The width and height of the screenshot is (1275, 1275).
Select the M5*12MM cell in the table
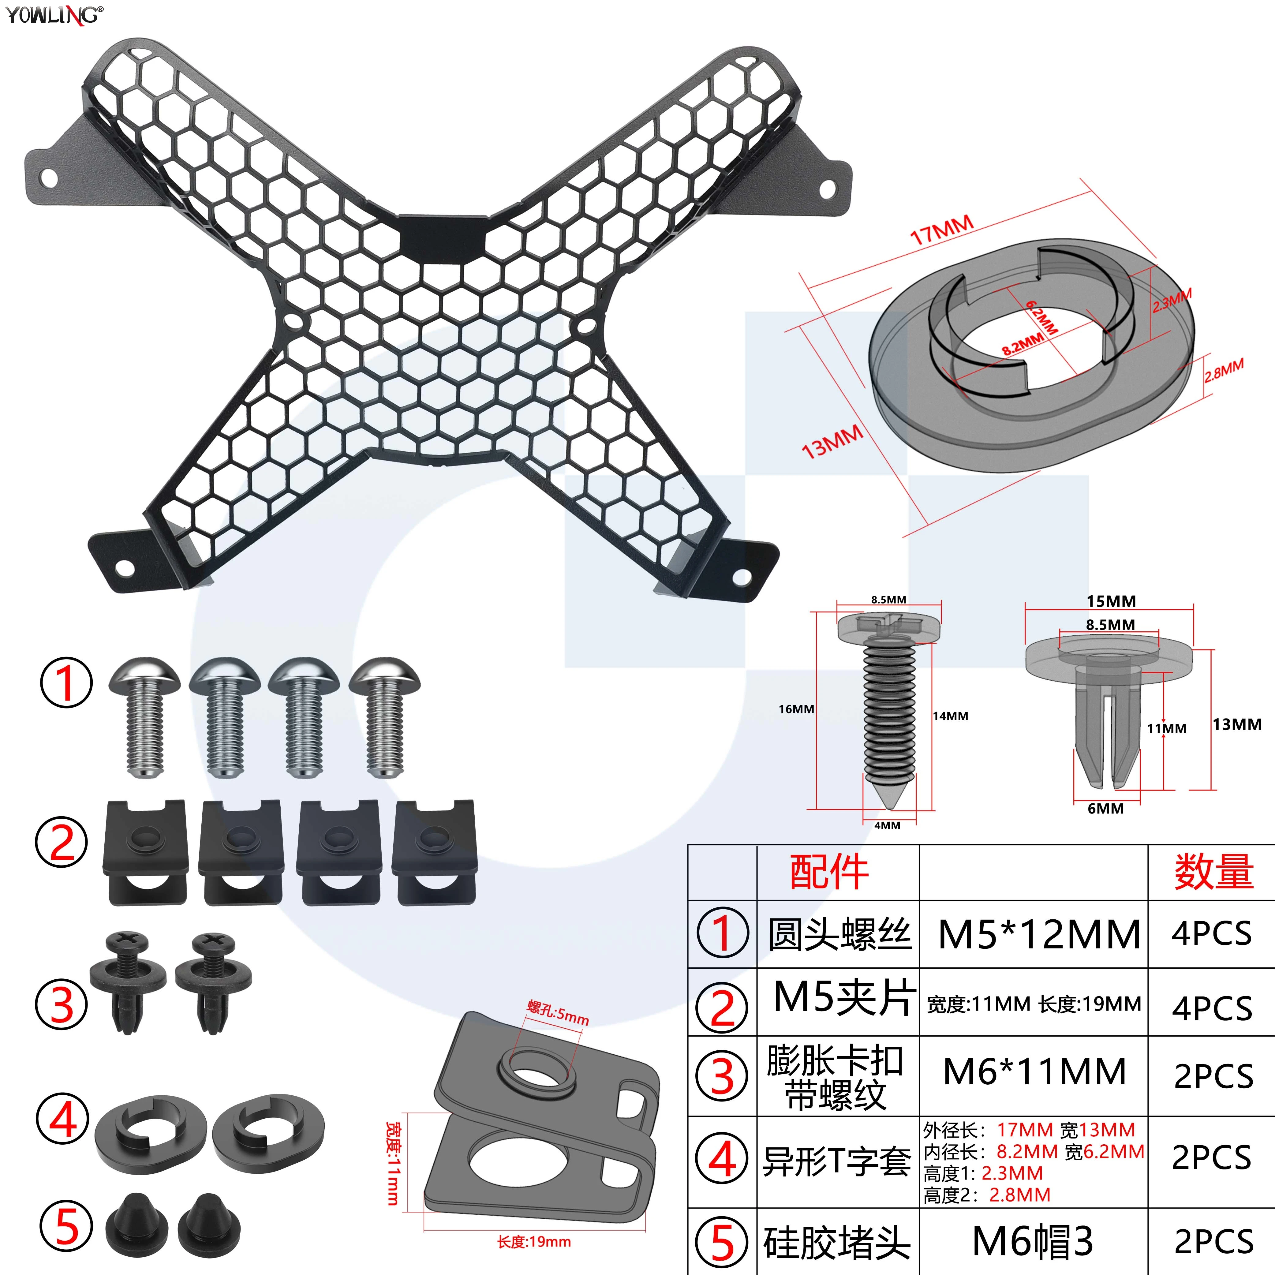(x=1039, y=934)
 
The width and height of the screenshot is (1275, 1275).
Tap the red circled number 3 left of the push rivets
(x=62, y=1004)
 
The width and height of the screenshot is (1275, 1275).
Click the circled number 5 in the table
(x=723, y=1243)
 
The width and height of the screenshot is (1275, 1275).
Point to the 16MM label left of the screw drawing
(x=797, y=709)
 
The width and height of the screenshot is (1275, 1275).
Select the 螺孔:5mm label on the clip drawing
(x=558, y=1013)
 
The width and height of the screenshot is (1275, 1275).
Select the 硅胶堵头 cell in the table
(x=837, y=1243)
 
